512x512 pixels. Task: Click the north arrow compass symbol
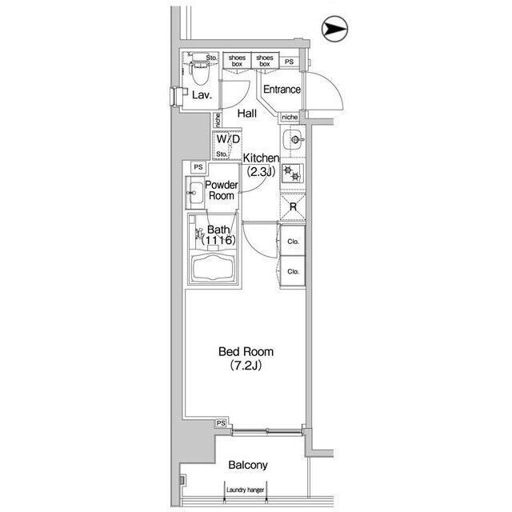coord(334,29)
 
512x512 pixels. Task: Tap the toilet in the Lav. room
coord(200,69)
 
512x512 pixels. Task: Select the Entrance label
coord(282,89)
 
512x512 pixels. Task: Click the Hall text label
coord(247,114)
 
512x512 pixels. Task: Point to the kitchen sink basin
coord(294,140)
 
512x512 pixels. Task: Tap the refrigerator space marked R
coord(294,206)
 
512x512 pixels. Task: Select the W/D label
coord(228,139)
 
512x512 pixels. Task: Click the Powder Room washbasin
coord(195,193)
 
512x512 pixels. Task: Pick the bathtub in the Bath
coord(214,266)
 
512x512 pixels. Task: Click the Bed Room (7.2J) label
coord(246,358)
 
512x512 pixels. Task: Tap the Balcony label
coord(248,465)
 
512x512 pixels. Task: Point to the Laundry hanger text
coord(246,490)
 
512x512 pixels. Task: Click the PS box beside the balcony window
coord(221,423)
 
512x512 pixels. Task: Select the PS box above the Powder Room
coord(198,167)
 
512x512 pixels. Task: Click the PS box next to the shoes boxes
coord(289,62)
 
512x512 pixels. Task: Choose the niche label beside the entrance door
coord(290,117)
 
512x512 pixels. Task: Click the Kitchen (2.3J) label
coord(261,165)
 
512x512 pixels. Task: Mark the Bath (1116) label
coord(218,234)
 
